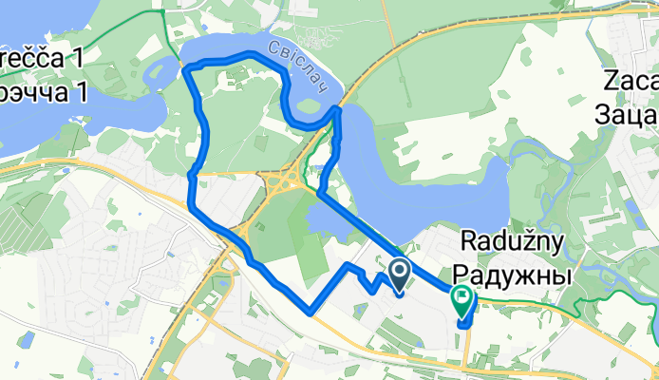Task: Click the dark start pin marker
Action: [x=398, y=275]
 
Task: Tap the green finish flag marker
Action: [x=462, y=301]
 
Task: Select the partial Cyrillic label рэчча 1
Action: [x=42, y=92]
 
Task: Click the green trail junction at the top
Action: [x=161, y=11]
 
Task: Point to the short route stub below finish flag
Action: [x=465, y=322]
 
